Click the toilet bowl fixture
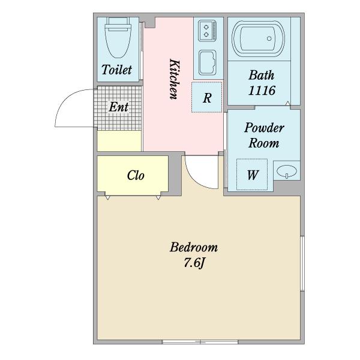(x=118, y=38)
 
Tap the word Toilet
(x=116, y=70)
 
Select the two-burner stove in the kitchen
(x=208, y=31)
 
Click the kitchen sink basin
(x=208, y=62)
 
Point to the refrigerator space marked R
(x=207, y=97)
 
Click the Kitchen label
(x=175, y=79)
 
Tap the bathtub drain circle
(x=269, y=38)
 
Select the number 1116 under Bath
(x=262, y=90)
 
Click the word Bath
(x=262, y=75)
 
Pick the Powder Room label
(x=264, y=135)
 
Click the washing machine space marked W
(x=252, y=175)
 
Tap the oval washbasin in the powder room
(x=287, y=171)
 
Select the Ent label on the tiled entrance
(x=118, y=107)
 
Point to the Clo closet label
(x=136, y=175)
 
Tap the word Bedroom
(x=194, y=247)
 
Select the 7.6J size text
(x=194, y=262)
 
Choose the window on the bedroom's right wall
(x=302, y=263)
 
